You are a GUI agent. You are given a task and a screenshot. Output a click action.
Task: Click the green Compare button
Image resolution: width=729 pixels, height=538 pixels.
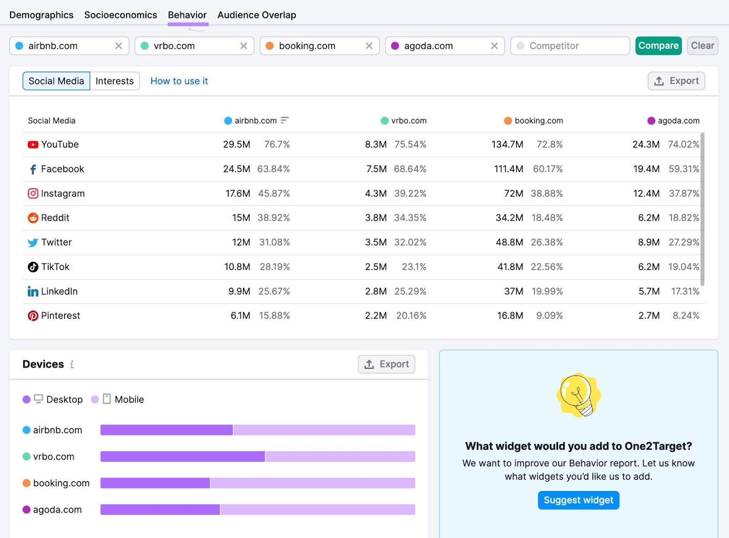tap(658, 46)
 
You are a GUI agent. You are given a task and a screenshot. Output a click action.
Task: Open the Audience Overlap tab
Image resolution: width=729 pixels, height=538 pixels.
tap(257, 15)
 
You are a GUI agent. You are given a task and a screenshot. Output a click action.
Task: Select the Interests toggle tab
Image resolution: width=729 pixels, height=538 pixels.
tap(114, 81)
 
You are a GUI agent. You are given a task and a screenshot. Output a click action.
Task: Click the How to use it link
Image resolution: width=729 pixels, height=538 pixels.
tap(179, 81)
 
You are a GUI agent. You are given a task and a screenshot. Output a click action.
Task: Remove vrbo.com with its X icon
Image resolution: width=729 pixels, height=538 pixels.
tap(244, 46)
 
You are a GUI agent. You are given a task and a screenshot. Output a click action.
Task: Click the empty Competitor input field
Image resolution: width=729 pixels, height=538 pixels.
tap(570, 46)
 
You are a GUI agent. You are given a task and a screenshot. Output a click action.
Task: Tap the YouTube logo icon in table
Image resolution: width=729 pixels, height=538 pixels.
tap(33, 145)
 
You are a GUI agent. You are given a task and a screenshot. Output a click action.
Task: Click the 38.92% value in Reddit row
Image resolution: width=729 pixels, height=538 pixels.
tap(273, 218)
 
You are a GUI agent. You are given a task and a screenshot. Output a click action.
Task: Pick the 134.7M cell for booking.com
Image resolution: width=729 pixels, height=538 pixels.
tap(507, 145)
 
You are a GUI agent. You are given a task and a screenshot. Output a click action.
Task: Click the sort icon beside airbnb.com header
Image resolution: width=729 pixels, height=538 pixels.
tap(285, 120)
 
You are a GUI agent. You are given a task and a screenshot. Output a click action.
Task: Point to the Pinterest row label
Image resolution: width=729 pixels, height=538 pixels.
tap(60, 316)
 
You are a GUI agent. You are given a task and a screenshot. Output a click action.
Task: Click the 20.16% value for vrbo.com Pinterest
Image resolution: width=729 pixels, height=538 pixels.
tap(411, 316)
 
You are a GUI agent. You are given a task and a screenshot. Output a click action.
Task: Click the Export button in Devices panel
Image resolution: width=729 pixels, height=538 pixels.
tap(386, 364)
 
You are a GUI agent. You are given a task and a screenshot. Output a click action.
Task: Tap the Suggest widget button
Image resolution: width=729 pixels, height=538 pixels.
tap(578, 500)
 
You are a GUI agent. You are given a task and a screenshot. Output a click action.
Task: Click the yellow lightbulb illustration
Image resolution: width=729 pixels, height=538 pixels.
tap(578, 395)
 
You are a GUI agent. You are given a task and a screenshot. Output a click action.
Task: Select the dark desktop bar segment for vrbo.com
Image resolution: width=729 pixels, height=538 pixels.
tap(182, 456)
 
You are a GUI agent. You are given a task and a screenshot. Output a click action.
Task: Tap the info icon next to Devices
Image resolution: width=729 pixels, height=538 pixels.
tap(72, 364)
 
